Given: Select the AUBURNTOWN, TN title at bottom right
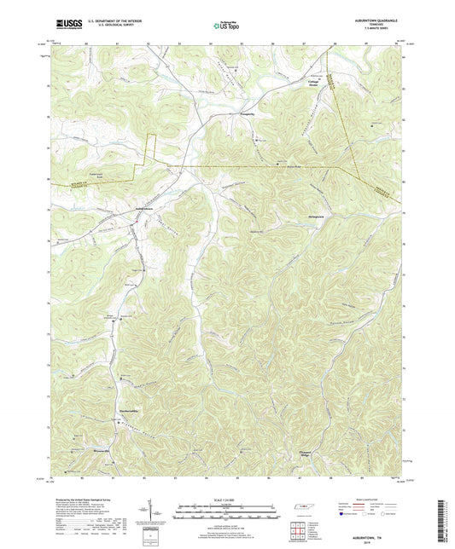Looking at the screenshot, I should pyautogui.click(x=376, y=528).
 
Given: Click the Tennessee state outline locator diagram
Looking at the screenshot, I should pyautogui.click(x=301, y=509).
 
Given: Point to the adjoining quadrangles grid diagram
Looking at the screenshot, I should pyautogui.click(x=298, y=530).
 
